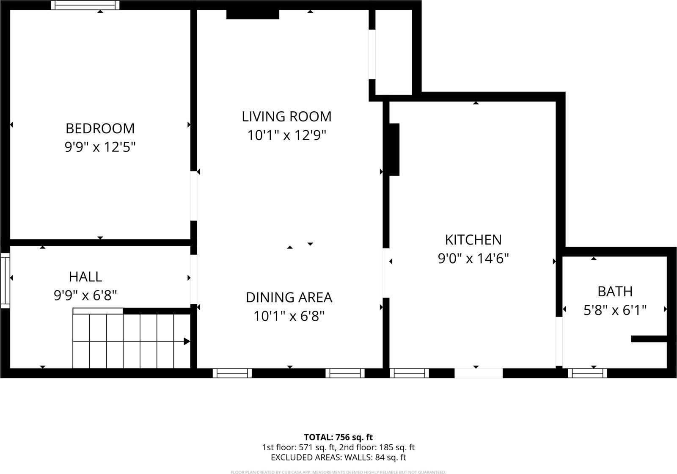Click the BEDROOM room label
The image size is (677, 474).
(100, 128)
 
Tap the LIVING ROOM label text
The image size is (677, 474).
(286, 116)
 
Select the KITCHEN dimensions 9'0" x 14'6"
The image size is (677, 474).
(473, 258)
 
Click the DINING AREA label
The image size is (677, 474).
(289, 298)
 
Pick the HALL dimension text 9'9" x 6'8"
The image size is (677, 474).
(85, 295)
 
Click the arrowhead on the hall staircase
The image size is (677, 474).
(187, 342)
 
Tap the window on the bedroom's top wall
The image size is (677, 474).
(85, 5)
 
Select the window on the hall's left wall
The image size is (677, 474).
(5, 281)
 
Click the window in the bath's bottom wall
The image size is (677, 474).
(587, 373)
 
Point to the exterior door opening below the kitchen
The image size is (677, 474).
(479, 373)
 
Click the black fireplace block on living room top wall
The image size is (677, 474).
(253, 14)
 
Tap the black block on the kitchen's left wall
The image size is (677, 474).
(394, 149)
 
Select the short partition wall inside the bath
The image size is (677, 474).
(649, 339)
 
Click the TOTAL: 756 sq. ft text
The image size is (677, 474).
(338, 437)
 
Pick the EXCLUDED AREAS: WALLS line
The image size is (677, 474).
(338, 457)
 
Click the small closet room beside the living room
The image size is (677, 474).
(394, 51)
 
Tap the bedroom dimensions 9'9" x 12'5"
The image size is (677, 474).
(100, 147)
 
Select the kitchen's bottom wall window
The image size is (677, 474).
(409, 373)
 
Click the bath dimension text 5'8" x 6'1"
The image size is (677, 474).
(615, 311)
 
